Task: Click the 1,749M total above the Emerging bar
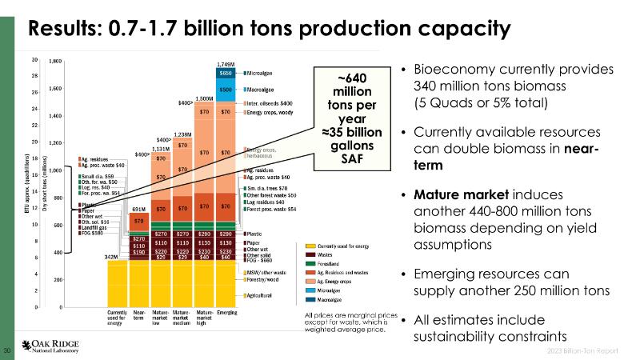226,63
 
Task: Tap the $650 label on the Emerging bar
226,72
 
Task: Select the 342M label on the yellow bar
113,257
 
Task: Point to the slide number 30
8,350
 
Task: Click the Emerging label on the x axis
227,312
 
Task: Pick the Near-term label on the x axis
138,314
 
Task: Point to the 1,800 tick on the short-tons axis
56,61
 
